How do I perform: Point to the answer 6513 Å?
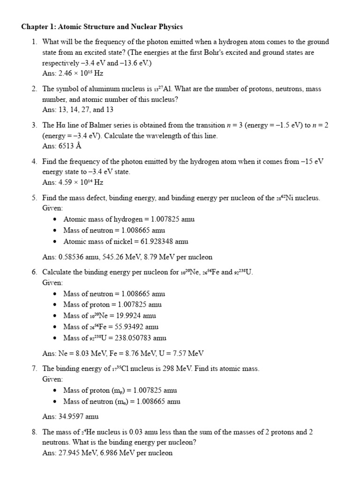67,146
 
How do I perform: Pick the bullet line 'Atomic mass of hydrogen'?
129,219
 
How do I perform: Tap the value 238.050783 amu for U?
141,338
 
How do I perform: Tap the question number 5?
34,198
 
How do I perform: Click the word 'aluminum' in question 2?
98,89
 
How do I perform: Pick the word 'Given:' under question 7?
52,379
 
